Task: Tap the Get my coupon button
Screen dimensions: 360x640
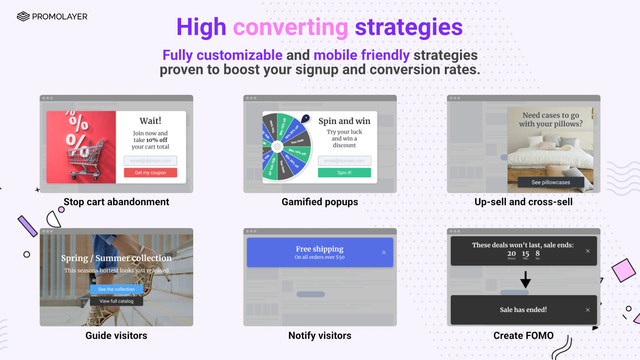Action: point(150,172)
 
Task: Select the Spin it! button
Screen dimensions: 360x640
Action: point(344,172)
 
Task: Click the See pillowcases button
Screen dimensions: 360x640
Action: point(551,182)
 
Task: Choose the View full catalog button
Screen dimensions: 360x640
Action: point(116,300)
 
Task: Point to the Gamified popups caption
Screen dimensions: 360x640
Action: point(320,202)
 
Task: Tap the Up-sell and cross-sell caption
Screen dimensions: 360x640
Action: point(523,202)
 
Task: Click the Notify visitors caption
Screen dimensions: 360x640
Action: point(320,335)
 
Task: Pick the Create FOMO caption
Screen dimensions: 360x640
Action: point(523,335)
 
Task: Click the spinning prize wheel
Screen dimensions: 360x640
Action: point(284,147)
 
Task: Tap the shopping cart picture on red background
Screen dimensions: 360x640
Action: point(81,147)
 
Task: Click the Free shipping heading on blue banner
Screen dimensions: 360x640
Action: point(319,248)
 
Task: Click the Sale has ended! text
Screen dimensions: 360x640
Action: point(519,309)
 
